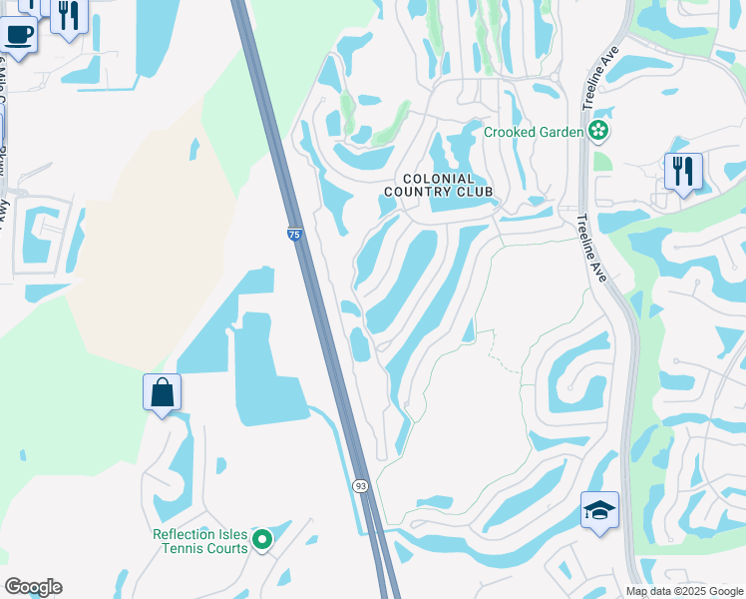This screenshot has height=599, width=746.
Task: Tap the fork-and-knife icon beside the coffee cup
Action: [68, 15]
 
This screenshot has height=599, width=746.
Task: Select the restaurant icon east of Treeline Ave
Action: [683, 171]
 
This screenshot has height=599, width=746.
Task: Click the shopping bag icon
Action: [162, 392]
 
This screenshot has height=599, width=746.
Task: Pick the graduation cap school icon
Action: [599, 510]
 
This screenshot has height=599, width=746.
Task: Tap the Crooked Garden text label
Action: [534, 132]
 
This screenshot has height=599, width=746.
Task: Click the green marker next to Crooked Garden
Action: [598, 130]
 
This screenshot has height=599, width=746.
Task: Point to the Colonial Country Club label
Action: [440, 185]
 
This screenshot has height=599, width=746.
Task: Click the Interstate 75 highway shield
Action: [293, 234]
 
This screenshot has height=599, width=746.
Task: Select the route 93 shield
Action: [360, 485]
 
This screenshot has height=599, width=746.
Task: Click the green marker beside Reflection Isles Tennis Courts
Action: [262, 540]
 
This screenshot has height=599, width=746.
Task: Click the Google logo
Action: [33, 587]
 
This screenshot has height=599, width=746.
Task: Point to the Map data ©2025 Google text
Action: [685, 591]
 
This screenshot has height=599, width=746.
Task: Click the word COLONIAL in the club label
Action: [440, 178]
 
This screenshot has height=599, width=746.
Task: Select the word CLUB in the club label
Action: [475, 192]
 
